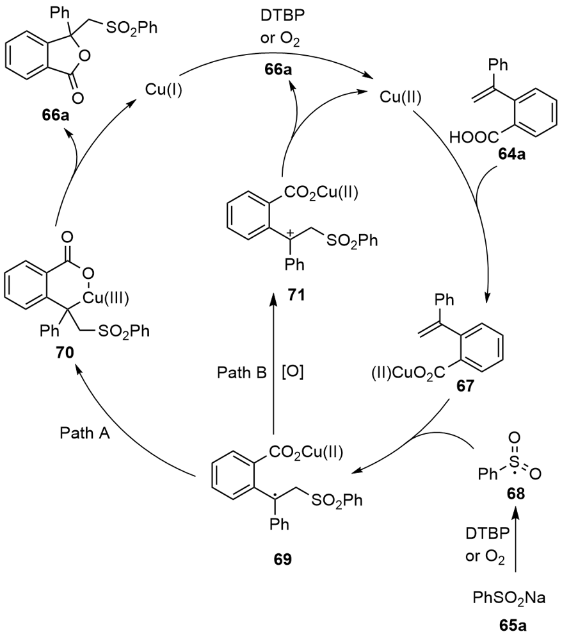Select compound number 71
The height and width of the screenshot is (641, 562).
point(282,296)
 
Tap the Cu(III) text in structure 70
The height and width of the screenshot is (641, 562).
point(122,296)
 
